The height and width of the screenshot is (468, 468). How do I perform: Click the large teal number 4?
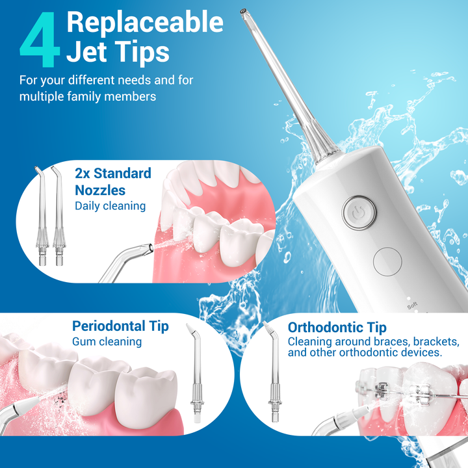click(x=40, y=40)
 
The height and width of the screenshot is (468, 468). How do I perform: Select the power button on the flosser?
click(x=359, y=213)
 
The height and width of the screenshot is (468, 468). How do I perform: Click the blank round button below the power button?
click(x=387, y=261)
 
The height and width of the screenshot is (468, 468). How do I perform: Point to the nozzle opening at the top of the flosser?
click(x=243, y=11)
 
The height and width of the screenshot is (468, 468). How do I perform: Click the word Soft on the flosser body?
click(x=412, y=305)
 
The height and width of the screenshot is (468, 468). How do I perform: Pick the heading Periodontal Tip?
click(x=120, y=326)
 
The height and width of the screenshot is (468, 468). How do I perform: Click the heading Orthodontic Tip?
click(x=337, y=328)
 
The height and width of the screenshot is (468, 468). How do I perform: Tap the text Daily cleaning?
click(x=110, y=206)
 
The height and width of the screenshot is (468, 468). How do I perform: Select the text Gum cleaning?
click(x=107, y=342)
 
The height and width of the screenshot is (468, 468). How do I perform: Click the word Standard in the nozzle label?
click(x=122, y=174)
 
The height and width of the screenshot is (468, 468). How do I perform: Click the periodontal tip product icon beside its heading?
click(x=196, y=372)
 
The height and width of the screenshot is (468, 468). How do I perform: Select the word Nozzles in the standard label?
click(x=100, y=190)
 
